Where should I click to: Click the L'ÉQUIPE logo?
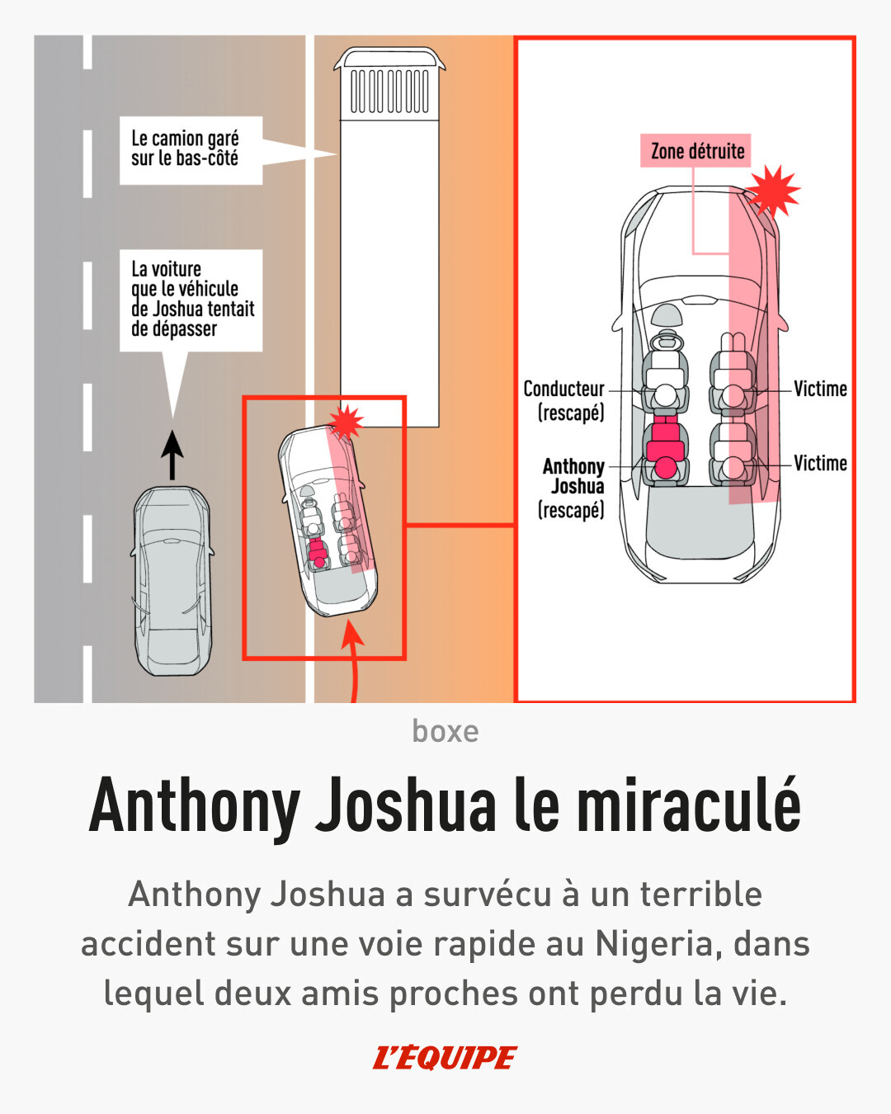[x=445, y=1057]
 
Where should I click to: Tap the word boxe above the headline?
[x=445, y=731]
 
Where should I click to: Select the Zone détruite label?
[x=696, y=151]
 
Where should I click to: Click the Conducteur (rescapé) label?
[x=564, y=400]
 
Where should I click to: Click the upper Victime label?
[x=820, y=389]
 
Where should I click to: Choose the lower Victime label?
[x=820, y=463]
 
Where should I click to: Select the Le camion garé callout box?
[x=191, y=149]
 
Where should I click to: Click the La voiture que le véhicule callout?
[x=191, y=300]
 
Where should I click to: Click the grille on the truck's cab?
[x=389, y=90]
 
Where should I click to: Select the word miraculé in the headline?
[x=688, y=806]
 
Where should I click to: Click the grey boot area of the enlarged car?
[x=700, y=525]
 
